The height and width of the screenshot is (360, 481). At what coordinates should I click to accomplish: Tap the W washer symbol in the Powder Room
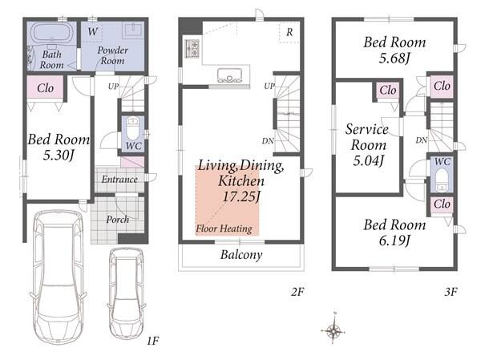tap(93, 31)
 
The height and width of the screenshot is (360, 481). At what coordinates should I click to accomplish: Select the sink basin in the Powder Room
tap(133, 30)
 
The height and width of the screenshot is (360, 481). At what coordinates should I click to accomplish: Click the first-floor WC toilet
tap(133, 129)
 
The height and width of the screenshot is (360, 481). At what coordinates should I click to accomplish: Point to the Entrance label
tap(119, 180)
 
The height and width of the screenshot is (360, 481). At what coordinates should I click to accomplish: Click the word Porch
tap(118, 220)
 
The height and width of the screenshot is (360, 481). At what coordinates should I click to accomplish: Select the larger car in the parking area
tap(59, 277)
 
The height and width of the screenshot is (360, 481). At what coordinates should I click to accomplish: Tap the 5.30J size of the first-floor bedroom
tap(59, 155)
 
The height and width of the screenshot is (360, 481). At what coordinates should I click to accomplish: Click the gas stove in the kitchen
tap(192, 48)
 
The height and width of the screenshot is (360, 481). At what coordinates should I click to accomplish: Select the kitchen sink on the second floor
tap(230, 75)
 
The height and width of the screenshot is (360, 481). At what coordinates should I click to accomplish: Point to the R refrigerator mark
tap(289, 32)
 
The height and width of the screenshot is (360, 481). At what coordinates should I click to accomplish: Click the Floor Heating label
tap(224, 229)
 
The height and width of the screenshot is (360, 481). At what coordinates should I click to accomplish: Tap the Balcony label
tap(241, 255)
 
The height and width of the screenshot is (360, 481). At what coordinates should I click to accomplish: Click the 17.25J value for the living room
tap(241, 196)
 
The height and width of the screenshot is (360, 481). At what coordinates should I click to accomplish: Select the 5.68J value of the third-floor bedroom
tap(394, 58)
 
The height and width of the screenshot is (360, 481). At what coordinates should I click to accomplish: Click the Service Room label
tap(367, 137)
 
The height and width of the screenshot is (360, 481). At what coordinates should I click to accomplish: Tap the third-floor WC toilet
tap(442, 180)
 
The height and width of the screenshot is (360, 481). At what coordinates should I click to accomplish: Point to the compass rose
tap(333, 330)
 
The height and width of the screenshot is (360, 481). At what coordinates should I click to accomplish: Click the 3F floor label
tap(451, 292)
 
